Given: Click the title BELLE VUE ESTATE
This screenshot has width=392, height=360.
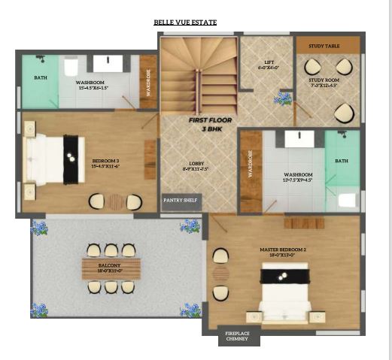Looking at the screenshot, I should (185, 23).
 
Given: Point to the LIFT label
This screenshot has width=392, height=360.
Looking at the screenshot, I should (269, 65).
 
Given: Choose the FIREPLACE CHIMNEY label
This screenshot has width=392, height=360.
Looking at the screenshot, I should (242, 337).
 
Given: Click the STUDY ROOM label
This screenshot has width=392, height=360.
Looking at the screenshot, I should (324, 82).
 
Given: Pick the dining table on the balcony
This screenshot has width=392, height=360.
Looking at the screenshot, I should (111, 268).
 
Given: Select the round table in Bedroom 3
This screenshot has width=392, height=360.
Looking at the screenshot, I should (114, 201).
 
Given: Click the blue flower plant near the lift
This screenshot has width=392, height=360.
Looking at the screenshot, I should (283, 98).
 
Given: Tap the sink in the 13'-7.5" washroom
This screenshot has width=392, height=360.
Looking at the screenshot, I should (299, 139).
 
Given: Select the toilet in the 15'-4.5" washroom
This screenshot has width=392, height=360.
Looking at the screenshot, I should (71, 68).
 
